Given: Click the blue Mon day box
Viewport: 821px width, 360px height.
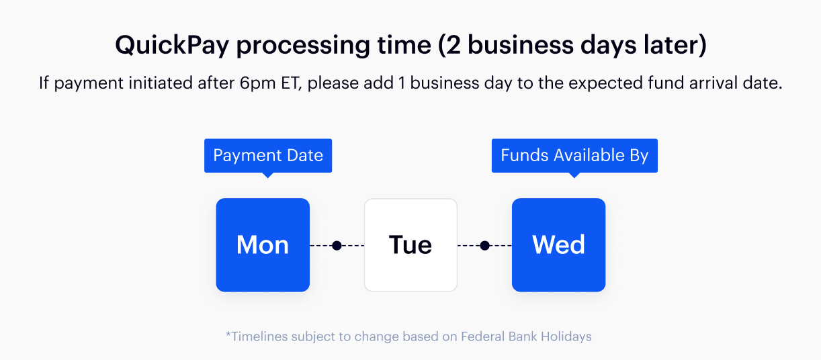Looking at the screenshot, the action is (263, 245).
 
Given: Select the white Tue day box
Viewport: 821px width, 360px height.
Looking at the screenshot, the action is (411, 245).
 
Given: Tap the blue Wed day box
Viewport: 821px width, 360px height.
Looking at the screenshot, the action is (558, 245).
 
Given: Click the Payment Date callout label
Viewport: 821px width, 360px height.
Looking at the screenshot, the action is (268, 156).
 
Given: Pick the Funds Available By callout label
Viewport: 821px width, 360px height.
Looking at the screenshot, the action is (574, 156).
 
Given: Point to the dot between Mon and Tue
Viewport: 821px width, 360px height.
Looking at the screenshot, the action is (337, 245).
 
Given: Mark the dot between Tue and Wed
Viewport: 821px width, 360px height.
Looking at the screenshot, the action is (484, 245).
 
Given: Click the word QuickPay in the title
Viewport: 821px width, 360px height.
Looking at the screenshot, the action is (172, 46).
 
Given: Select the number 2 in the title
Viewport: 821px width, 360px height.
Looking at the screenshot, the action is (453, 45).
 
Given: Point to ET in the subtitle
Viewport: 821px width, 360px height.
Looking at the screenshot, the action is (291, 83).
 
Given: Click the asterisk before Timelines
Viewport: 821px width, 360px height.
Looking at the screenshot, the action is (228, 334).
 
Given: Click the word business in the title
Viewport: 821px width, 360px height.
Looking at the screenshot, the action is (521, 45).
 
